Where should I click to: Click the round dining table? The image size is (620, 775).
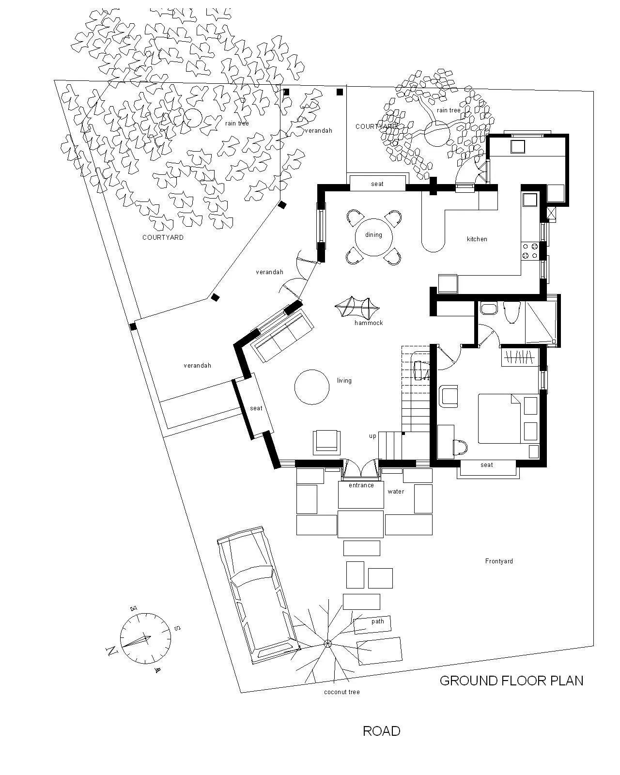373,237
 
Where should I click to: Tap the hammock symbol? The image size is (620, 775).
357,307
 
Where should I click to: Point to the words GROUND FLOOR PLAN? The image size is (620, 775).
511,681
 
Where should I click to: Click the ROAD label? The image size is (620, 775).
381,731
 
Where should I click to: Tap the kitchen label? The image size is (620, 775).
477,239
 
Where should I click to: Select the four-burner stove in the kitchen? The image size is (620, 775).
530,251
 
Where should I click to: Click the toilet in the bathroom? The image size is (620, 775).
511,312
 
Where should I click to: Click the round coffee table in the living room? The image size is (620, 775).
311,387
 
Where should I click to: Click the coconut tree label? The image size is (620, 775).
342,692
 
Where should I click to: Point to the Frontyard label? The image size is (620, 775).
498,561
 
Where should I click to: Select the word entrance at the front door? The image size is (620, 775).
361,485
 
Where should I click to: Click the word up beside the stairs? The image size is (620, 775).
372,436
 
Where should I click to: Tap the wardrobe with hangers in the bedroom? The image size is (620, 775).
520,357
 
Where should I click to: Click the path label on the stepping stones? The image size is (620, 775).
377,621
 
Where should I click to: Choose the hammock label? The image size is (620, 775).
369,323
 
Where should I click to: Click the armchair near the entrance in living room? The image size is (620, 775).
326,443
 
